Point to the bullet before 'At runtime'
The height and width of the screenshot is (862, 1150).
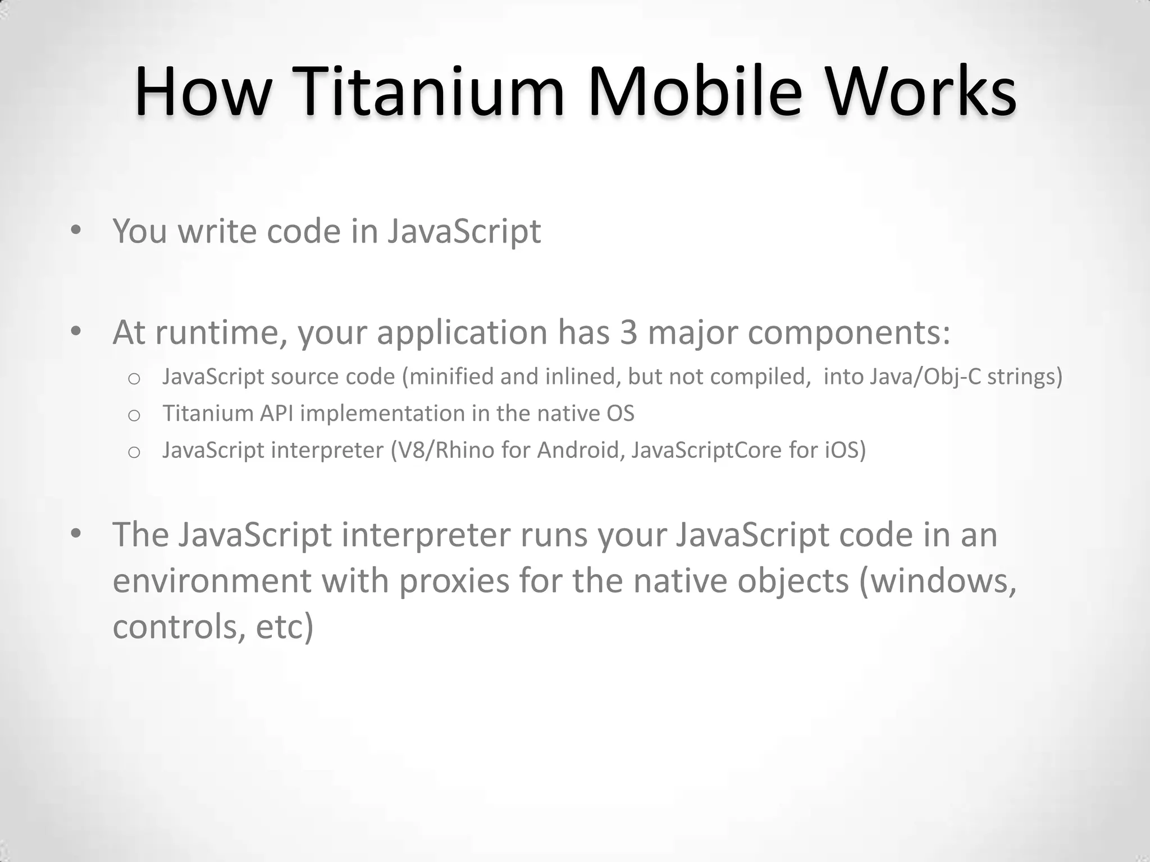coord(76,331)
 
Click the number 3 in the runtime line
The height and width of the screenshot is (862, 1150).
coord(628,332)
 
